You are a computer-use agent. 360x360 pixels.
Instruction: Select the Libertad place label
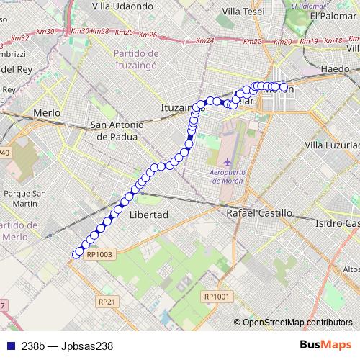click(148, 215)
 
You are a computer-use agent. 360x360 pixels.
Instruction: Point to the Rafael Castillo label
click(259, 213)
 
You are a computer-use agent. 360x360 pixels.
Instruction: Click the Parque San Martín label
click(25, 198)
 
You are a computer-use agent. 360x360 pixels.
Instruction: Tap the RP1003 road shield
click(99, 254)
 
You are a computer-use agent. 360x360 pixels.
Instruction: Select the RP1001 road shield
click(216, 296)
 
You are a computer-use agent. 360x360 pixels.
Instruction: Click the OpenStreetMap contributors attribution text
click(297, 322)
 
